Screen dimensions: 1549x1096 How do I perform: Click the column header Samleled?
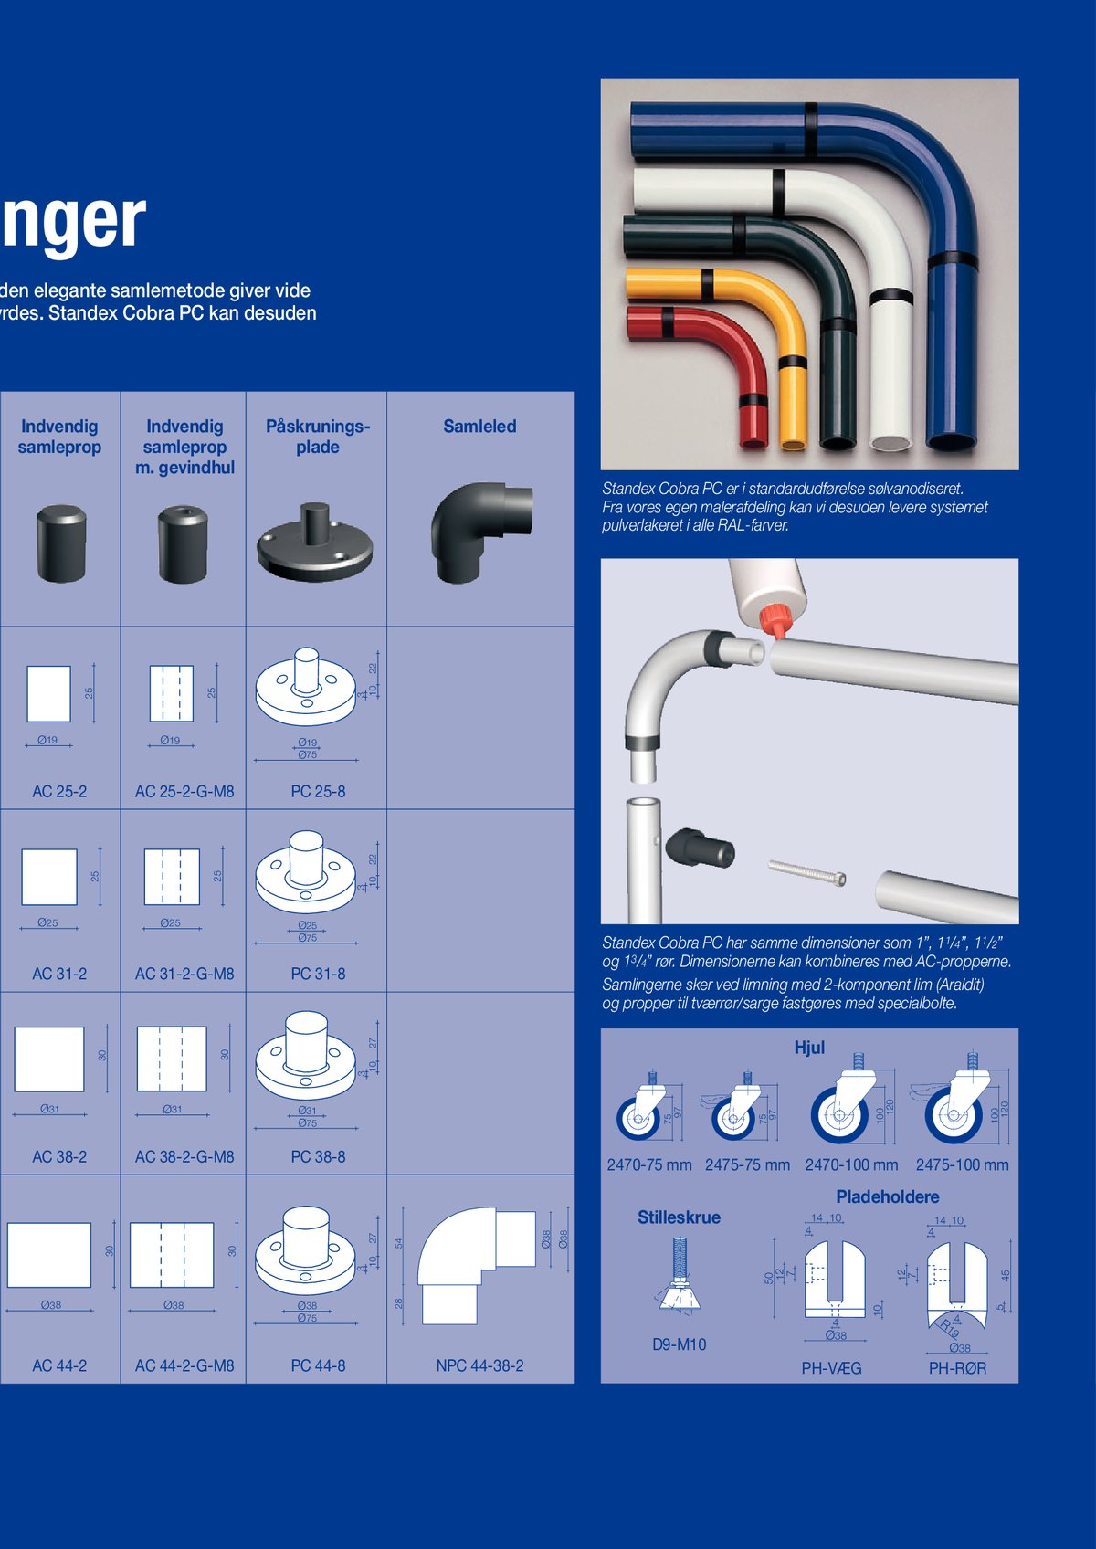click(x=479, y=427)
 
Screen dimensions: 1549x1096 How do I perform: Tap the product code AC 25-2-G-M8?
click(x=184, y=792)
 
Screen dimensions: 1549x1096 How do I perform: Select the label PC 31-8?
click(x=318, y=975)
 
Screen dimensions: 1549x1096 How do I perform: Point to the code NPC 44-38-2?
click(x=479, y=1366)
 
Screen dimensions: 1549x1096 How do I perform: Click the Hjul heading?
click(x=809, y=1048)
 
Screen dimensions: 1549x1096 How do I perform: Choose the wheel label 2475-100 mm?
click(x=962, y=1165)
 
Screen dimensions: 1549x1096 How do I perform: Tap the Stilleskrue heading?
click(x=679, y=1217)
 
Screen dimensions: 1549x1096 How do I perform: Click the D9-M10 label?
click(x=679, y=1344)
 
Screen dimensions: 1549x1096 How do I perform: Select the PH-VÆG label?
click(x=831, y=1368)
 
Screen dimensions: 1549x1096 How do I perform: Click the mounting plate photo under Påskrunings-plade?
click(x=315, y=543)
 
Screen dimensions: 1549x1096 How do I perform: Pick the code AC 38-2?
click(x=59, y=1157)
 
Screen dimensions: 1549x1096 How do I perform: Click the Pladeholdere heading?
click(x=887, y=1197)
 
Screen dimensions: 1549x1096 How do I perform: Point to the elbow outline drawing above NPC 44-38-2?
click(x=475, y=1265)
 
